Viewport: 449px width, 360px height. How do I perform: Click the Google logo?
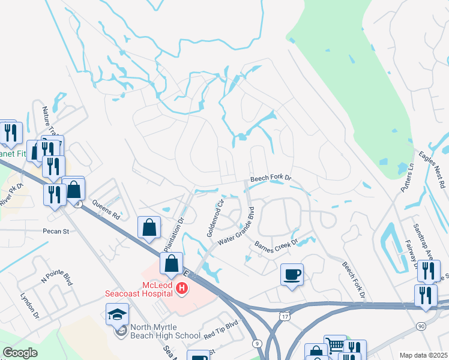click(x=20, y=353)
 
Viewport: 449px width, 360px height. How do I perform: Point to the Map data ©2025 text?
click(x=423, y=355)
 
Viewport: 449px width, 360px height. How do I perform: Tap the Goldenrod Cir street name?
click(x=215, y=218)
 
